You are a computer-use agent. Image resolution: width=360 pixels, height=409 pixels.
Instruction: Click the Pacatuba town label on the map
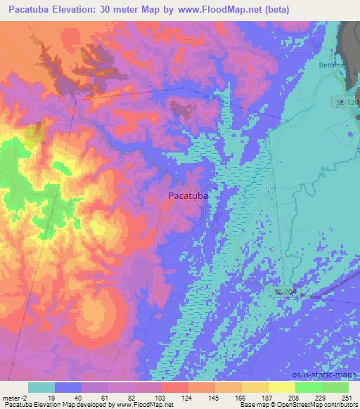(188, 197)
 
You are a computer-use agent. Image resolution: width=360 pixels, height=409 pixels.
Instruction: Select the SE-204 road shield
(284, 291)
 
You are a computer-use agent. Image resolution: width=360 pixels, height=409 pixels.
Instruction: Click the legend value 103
(162, 397)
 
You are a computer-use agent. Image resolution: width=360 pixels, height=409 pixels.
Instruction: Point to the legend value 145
(215, 397)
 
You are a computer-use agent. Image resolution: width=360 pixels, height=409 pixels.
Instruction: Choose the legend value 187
(269, 397)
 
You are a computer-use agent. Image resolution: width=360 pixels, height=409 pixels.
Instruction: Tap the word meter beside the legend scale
(11, 397)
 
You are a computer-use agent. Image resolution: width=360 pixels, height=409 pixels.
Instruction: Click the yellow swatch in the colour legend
(282, 387)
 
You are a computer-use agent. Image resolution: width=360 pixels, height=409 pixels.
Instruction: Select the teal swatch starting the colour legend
(41, 387)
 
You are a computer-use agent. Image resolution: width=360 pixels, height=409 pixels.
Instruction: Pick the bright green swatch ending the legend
(335, 387)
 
